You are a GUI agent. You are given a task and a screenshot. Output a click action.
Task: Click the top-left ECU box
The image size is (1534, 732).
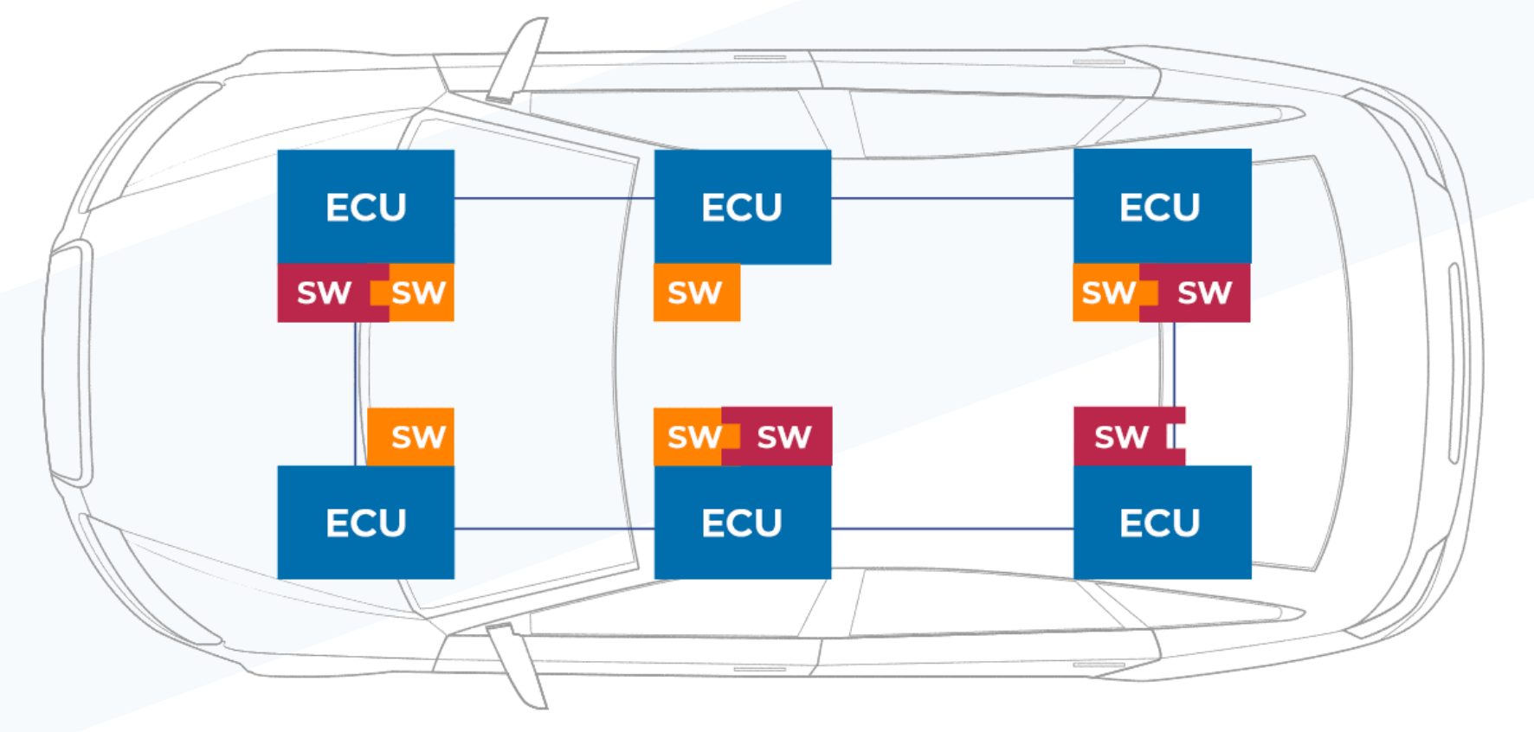[x=365, y=207]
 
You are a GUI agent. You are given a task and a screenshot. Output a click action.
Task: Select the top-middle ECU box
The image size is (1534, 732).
[x=742, y=207]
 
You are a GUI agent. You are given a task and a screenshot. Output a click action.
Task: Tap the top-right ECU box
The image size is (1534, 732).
[x=1162, y=207]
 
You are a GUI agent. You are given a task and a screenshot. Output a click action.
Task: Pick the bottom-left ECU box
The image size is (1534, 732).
[x=365, y=523]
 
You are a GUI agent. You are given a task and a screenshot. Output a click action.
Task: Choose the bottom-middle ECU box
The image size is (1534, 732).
[x=742, y=523]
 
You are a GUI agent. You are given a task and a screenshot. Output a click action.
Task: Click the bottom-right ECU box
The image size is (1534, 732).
[x=1162, y=523]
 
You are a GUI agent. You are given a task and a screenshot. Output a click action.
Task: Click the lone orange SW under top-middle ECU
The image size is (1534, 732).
[x=696, y=293]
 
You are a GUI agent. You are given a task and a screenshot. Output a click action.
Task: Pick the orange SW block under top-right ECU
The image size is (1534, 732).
[x=1106, y=293]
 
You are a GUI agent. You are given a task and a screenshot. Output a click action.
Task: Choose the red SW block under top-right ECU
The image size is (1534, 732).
[x=1203, y=293]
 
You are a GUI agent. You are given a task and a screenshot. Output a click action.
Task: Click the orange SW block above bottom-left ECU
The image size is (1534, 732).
[x=411, y=437]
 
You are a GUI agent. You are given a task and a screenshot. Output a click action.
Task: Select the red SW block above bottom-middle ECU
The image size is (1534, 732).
[x=783, y=437]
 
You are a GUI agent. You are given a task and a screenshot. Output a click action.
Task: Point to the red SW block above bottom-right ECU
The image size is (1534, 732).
[x=1122, y=437]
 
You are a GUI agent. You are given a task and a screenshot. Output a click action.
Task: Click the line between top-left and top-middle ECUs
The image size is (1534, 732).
[x=554, y=198]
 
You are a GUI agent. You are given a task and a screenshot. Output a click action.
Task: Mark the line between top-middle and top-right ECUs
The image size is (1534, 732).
[x=952, y=198]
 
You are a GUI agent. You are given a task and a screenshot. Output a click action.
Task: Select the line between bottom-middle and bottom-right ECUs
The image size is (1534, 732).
[x=952, y=528]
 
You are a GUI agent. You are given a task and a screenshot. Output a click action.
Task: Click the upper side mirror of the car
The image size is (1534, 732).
[x=519, y=61]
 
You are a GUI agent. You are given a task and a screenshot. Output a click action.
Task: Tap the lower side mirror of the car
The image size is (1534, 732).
[x=519, y=665]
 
